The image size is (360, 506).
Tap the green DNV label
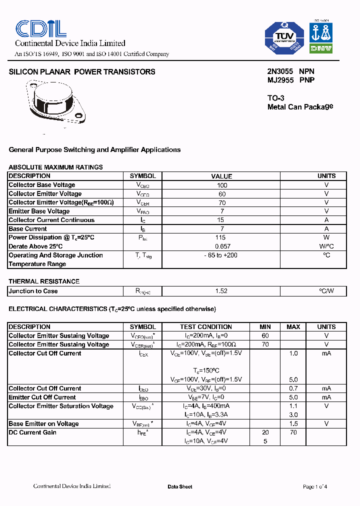pos(321,48)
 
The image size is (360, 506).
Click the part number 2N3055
pos(280,71)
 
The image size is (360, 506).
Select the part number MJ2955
pos(280,80)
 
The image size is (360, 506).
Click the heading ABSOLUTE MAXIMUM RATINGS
pos(55,167)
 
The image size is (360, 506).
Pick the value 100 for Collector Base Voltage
pos(222,185)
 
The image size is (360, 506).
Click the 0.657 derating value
pos(222,246)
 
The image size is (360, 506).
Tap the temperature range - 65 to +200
pos(221,255)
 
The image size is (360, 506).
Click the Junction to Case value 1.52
pos(221,291)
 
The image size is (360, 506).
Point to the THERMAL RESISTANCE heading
pos(44,281)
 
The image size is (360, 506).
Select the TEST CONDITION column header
pos(206,327)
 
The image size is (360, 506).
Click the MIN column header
pos(265,327)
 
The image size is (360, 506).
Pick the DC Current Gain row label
pos(32,432)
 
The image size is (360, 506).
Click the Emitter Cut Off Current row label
pos(42,397)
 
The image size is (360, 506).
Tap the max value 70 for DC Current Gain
pos(293,432)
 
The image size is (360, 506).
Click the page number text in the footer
pos(315,487)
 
